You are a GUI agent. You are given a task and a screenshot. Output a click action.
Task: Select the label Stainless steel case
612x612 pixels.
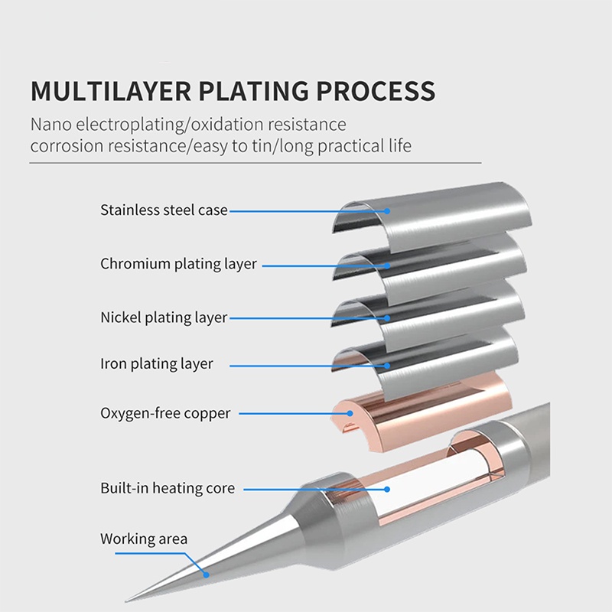click(x=164, y=210)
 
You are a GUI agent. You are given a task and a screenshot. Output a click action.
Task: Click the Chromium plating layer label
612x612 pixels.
click(x=178, y=264)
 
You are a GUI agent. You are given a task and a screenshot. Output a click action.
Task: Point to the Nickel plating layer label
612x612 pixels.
click(x=164, y=317)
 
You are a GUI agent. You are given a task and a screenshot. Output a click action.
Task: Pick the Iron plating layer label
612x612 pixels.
click(x=156, y=364)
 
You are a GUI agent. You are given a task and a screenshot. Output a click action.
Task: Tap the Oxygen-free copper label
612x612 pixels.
click(x=165, y=413)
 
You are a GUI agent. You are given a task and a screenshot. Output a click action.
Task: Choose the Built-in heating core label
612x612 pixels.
click(x=168, y=487)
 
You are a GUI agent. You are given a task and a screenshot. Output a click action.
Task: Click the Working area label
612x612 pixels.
click(x=144, y=539)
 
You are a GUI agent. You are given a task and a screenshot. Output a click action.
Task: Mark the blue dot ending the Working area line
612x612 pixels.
click(x=205, y=574)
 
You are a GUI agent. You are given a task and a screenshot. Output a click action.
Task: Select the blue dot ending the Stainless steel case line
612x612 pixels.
click(x=387, y=210)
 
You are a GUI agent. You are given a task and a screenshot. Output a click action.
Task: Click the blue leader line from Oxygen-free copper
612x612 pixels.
click(x=291, y=413)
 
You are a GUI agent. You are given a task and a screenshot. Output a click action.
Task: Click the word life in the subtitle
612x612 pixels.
click(x=398, y=145)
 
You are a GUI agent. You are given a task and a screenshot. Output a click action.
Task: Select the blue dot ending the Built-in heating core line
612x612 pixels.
click(x=387, y=487)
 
